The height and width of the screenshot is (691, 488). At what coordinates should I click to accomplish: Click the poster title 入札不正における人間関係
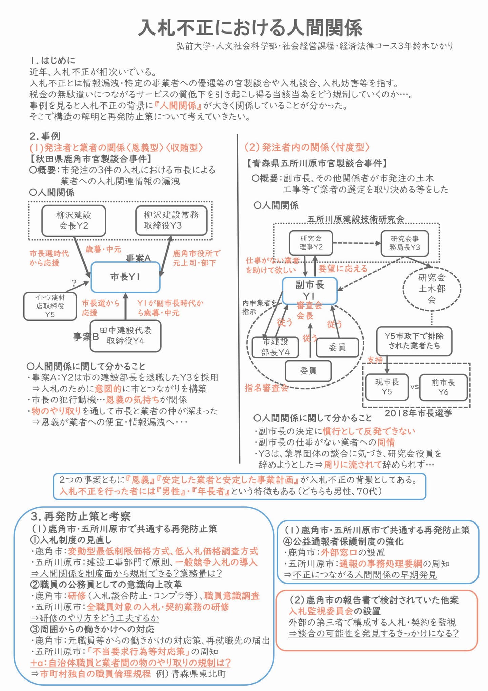(250, 27)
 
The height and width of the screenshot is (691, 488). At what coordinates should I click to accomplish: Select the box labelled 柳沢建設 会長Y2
(74, 220)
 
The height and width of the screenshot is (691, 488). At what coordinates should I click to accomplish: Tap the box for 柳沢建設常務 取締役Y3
(171, 220)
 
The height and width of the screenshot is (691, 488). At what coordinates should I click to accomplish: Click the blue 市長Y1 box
(125, 277)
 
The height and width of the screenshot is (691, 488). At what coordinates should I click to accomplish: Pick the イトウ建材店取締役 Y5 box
(50, 306)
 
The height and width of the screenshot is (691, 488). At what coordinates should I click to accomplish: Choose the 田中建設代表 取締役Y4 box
(125, 336)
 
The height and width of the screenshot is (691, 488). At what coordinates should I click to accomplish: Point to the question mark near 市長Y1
(74, 283)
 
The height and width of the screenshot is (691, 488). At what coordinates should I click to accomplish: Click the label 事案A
(138, 258)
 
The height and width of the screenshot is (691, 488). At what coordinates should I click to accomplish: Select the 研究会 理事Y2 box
(311, 243)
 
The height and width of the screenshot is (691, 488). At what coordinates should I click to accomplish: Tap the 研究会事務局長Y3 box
(404, 243)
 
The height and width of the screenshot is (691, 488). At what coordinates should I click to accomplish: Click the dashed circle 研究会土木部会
(431, 289)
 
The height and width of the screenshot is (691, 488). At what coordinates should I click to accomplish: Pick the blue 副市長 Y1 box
(309, 290)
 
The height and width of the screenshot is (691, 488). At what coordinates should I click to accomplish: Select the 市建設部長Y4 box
(275, 347)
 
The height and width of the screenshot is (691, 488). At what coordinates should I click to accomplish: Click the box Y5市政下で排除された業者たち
(414, 341)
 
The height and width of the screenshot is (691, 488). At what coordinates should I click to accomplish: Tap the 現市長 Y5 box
(387, 387)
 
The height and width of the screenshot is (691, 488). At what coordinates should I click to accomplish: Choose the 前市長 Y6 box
(443, 387)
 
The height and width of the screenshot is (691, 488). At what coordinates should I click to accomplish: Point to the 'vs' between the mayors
(414, 386)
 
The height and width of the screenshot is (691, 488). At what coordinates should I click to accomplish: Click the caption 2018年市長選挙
(418, 413)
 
